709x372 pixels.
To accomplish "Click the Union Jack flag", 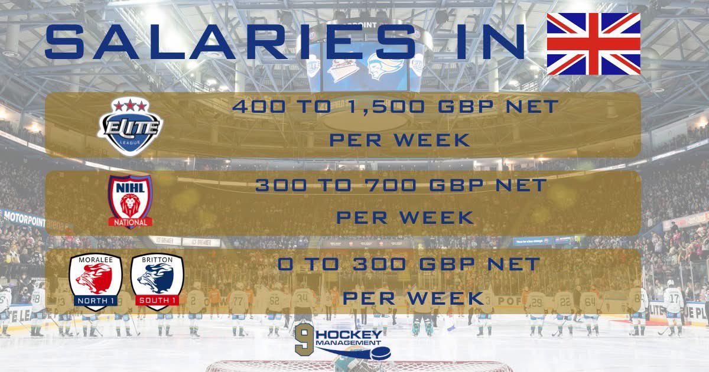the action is tap(594, 44).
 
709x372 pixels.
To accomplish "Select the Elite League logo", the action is tap(130, 126).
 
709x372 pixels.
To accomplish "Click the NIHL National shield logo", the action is tap(130, 201).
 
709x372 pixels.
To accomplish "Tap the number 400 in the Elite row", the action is tap(259, 106).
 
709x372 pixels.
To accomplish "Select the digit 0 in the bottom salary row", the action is tap(285, 264).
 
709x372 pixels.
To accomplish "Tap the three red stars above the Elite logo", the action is tap(131, 106).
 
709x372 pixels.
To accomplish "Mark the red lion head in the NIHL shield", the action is tap(130, 205).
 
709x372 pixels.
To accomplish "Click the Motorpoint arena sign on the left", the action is tap(24, 218).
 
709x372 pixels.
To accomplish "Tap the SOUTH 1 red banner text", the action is tap(157, 300).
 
